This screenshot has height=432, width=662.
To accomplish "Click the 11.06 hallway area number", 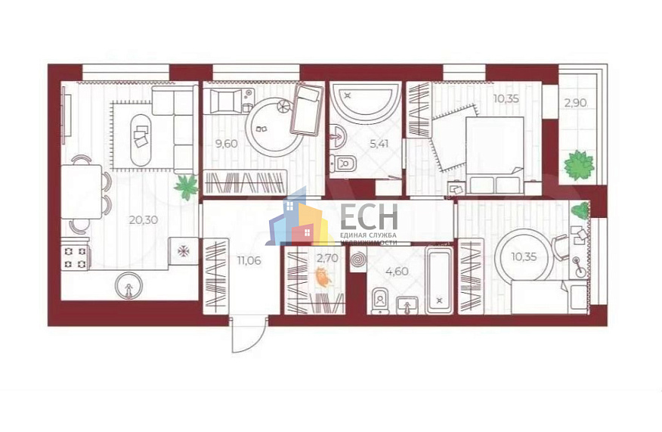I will (x=249, y=261).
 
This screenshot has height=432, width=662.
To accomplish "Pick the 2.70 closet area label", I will (x=328, y=259).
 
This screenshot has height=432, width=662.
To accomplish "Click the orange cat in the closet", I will (x=325, y=279).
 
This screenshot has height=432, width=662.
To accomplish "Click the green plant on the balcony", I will (x=579, y=165).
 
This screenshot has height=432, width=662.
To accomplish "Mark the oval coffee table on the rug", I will (x=141, y=141).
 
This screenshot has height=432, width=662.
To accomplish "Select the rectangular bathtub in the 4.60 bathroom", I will (x=438, y=280).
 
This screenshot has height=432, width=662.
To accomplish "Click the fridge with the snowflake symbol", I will (x=184, y=250).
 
